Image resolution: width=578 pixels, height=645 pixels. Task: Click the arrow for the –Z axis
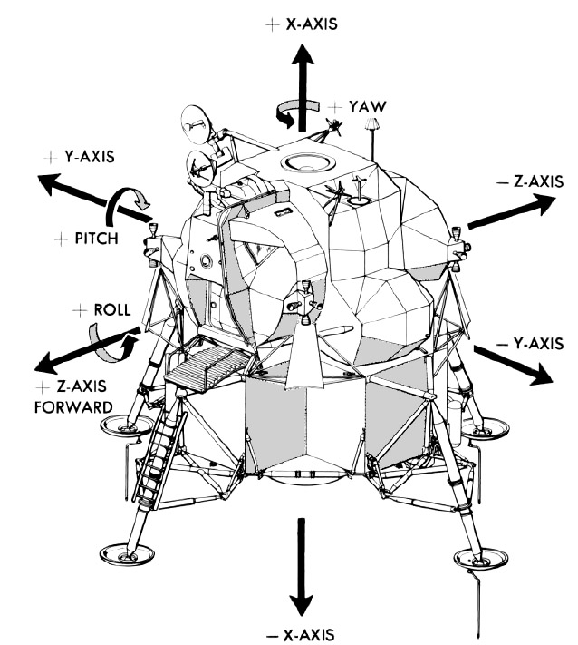click(x=510, y=212)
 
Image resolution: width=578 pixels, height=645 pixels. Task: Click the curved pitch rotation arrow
click(x=125, y=204)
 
